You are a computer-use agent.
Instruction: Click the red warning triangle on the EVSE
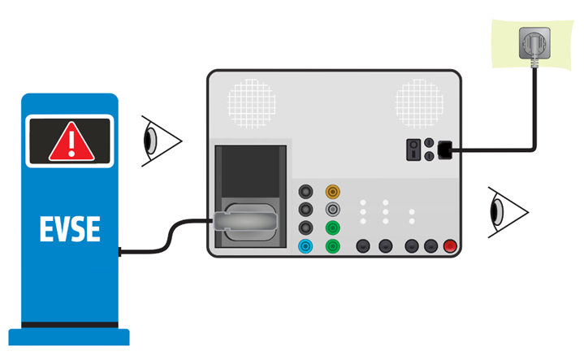[71, 143]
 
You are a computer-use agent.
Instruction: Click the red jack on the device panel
[451, 245]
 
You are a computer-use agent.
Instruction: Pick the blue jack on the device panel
[306, 245]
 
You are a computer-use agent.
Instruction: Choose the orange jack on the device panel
[331, 192]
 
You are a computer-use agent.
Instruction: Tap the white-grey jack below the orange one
[331, 210]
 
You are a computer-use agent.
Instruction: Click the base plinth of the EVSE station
[69, 336]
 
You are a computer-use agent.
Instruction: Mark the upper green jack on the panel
[331, 228]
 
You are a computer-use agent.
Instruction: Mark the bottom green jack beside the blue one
[331, 245]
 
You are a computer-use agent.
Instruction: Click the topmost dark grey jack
[306, 192]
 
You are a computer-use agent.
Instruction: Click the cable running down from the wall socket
[534, 106]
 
